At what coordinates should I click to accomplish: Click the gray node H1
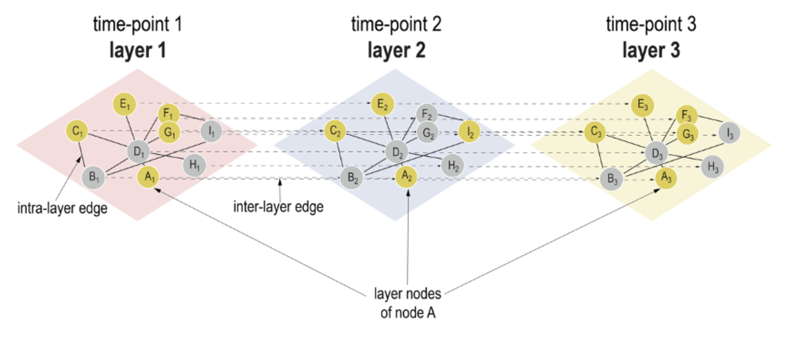pyautogui.click(x=194, y=166)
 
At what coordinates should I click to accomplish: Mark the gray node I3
pyautogui.click(x=729, y=133)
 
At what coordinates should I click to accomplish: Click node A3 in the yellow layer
pyautogui.click(x=666, y=177)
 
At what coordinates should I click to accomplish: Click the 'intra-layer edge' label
pyautogui.click(x=62, y=208)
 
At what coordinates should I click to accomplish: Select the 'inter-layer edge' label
pyautogui.click(x=278, y=206)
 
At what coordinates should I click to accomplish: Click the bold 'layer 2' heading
pyautogui.click(x=396, y=51)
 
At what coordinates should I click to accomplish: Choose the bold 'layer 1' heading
pyautogui.click(x=138, y=51)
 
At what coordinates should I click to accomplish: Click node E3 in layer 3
pyautogui.click(x=643, y=104)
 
